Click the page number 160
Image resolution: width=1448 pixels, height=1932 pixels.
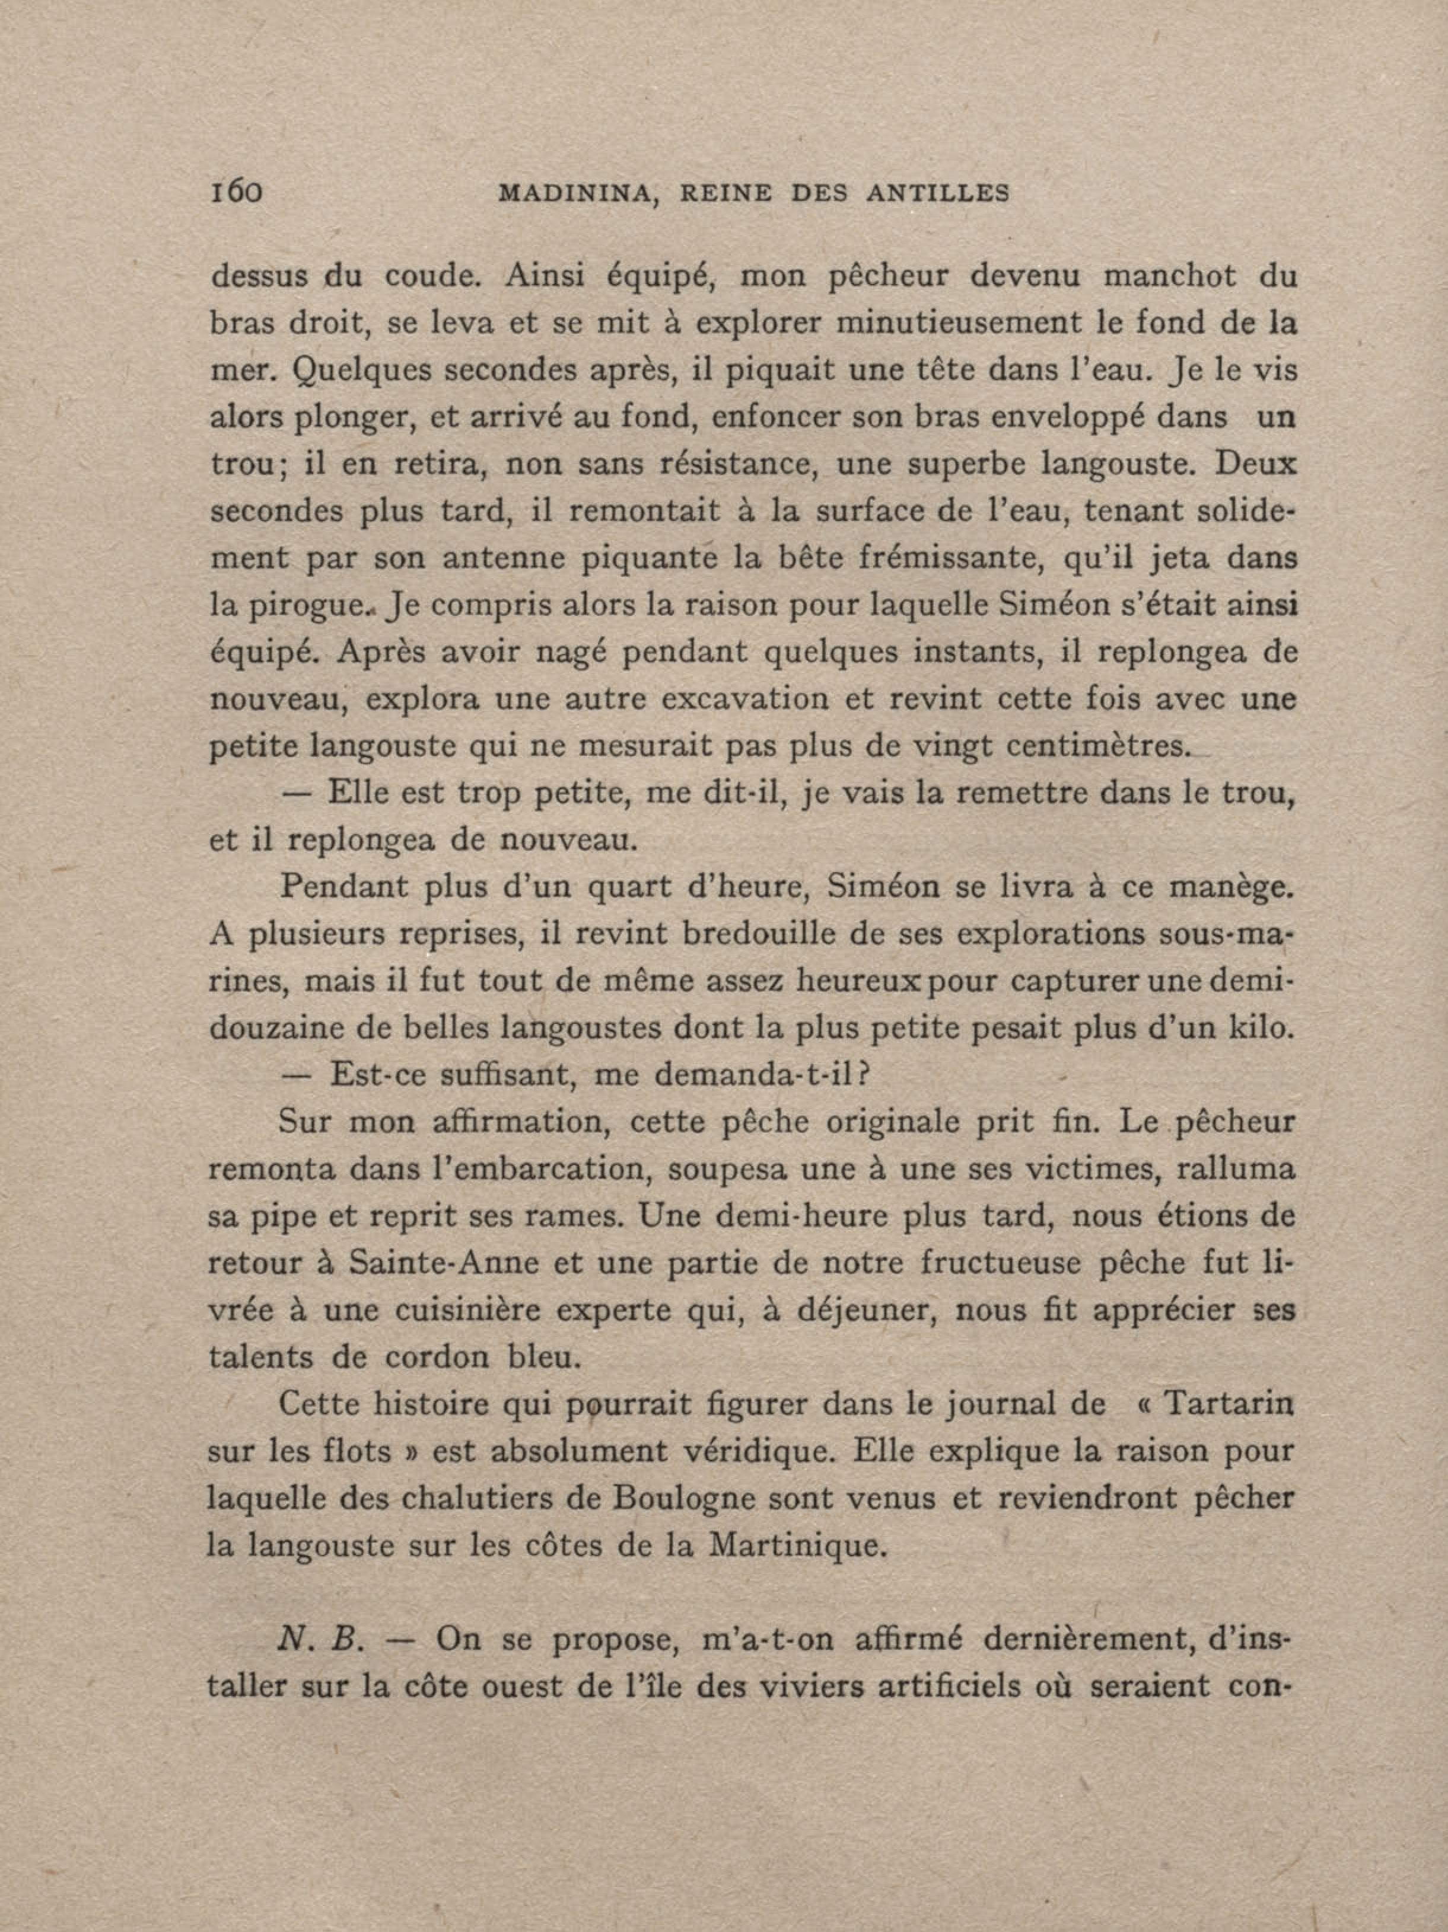click(236, 191)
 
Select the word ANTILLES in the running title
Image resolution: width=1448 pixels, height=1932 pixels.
click(938, 193)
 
